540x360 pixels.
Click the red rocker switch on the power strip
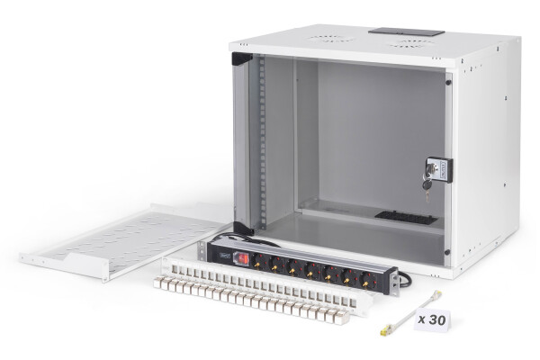241,258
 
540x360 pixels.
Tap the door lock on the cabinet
437,169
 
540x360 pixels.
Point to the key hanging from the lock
427,184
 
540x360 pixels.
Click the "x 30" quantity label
433,319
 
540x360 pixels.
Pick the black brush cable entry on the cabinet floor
405,218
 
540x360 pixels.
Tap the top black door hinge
241,59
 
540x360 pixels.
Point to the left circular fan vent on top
332,39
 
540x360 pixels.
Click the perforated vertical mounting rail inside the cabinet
262,144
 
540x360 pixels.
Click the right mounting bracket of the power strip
393,285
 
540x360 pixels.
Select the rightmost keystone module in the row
342,316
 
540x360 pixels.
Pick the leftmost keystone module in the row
159,283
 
